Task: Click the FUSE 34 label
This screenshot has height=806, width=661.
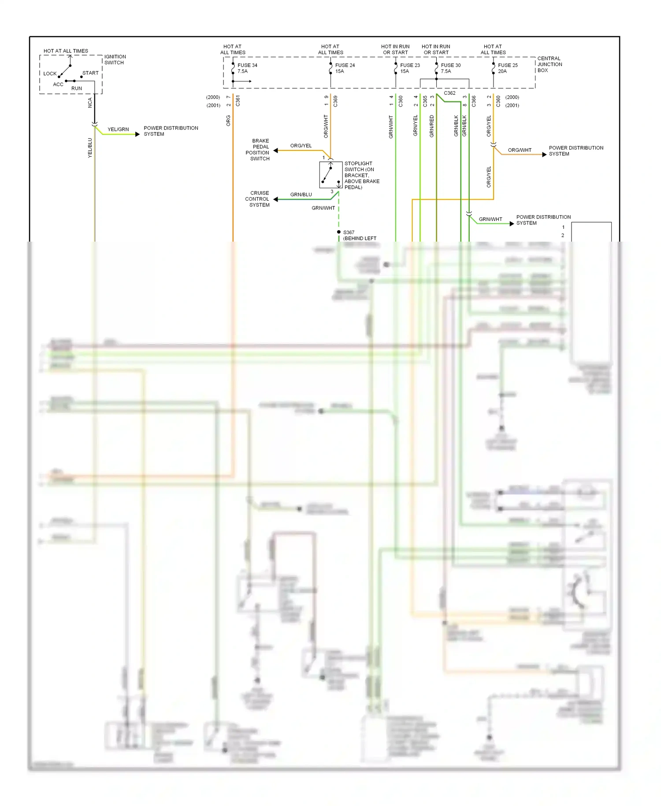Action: (247, 65)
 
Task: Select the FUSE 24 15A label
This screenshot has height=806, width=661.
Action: (345, 68)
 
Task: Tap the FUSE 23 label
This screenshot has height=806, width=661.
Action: (410, 65)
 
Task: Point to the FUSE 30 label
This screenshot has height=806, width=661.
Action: (450, 65)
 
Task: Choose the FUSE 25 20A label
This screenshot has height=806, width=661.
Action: (508, 68)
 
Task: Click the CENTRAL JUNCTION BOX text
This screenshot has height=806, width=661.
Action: (549, 64)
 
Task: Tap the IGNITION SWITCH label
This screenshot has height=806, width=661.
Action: (115, 60)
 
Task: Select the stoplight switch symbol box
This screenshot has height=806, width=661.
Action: (330, 175)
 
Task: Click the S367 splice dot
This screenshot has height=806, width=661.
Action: (339, 232)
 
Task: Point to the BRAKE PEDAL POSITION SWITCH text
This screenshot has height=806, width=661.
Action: (258, 149)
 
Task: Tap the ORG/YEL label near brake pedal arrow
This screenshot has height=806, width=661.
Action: (301, 146)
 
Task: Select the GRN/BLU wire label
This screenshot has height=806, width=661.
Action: (301, 194)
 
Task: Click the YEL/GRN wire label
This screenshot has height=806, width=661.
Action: (118, 129)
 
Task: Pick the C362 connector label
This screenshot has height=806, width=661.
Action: (449, 93)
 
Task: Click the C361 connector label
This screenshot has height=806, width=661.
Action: (238, 101)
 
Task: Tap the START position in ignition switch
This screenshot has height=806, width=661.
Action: (90, 73)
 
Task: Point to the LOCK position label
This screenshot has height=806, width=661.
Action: (50, 74)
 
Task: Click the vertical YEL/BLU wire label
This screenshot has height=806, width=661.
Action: (90, 148)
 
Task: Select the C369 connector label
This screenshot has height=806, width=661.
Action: (335, 101)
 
